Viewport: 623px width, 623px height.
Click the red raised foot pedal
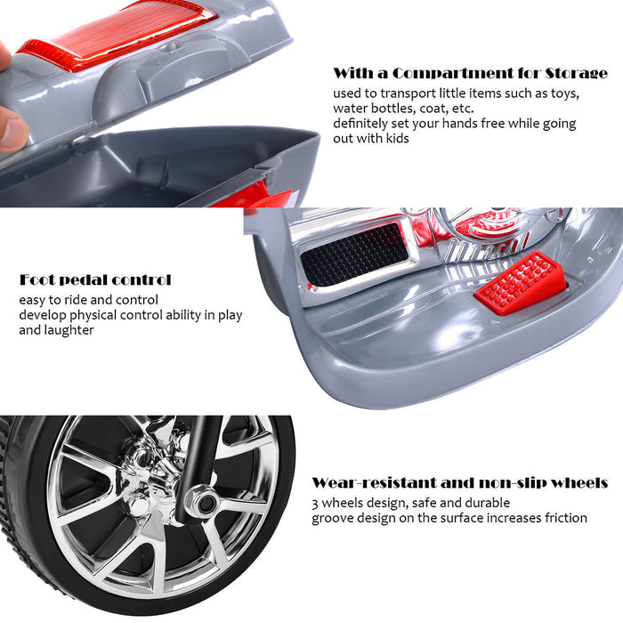[x=522, y=283]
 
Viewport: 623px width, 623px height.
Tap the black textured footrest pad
[x=355, y=252]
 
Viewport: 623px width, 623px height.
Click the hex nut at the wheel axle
[x=204, y=503]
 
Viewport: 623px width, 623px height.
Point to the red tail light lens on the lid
[x=118, y=35]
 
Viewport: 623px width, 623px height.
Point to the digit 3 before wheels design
[x=315, y=504]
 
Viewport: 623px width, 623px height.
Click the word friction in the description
[x=566, y=518]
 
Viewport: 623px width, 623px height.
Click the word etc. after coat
[x=463, y=109]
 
